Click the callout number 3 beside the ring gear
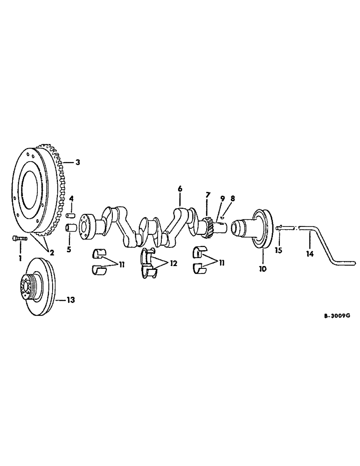point(78,163)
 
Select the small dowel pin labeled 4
point(71,215)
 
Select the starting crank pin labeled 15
point(278,228)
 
